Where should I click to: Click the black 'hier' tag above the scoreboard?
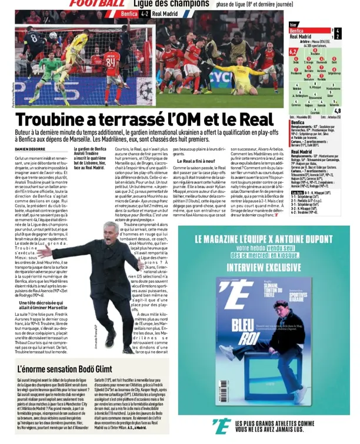tap(294, 25)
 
